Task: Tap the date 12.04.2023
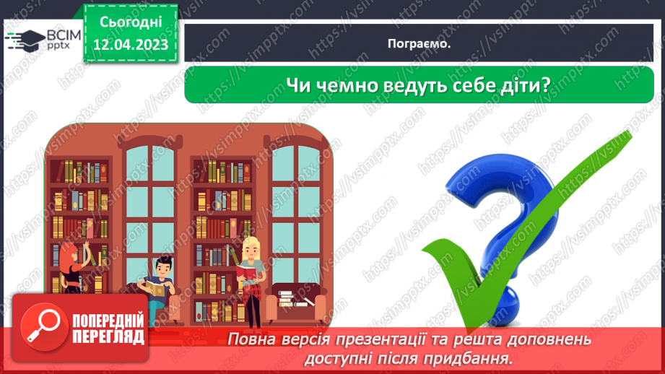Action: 130,45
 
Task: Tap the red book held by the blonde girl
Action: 245,273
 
